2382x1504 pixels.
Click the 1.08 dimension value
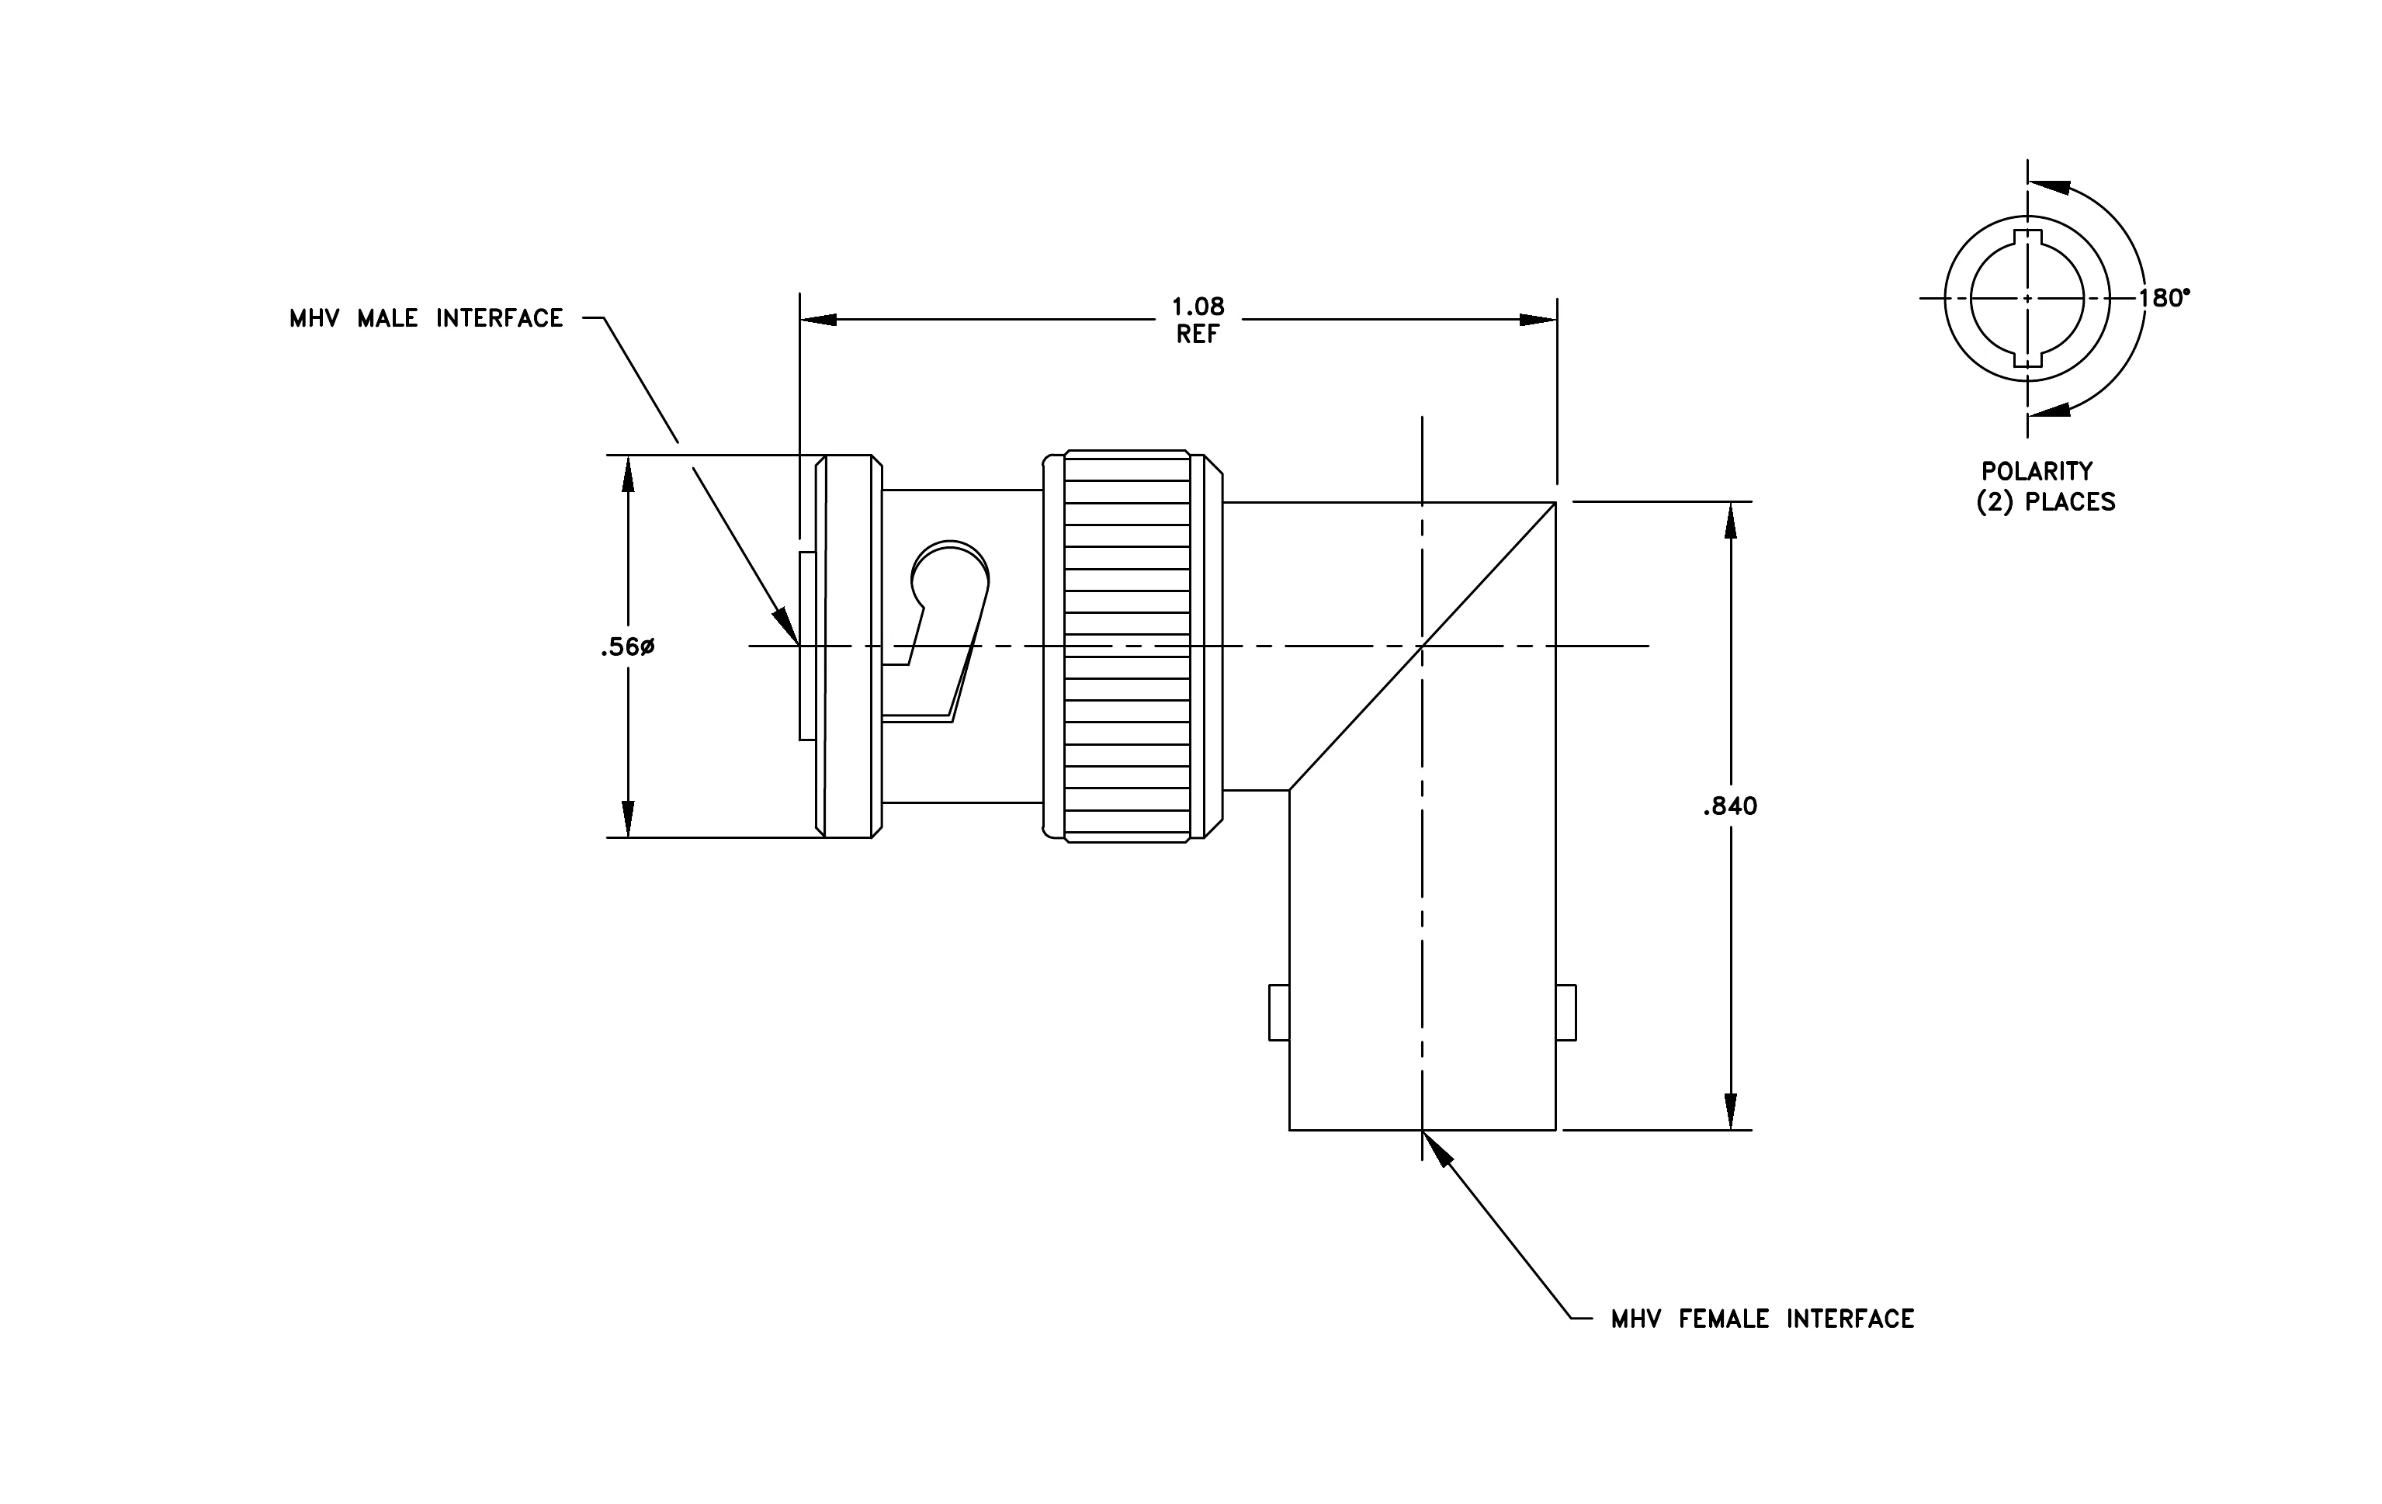click(x=1198, y=307)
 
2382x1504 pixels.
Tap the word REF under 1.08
click(x=1198, y=334)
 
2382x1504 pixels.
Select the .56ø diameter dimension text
click(x=627, y=648)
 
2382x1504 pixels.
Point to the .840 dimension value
click(x=1730, y=807)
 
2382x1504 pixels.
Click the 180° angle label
click(x=2165, y=298)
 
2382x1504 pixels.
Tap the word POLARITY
click(x=2037, y=471)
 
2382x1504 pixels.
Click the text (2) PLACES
click(x=2046, y=502)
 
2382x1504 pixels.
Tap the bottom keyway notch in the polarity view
click(x=2028, y=359)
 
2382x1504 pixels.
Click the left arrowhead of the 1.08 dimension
click(x=819, y=320)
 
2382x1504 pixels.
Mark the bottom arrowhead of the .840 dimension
click(x=1730, y=1111)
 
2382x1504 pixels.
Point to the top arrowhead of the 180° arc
click(x=2050, y=186)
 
